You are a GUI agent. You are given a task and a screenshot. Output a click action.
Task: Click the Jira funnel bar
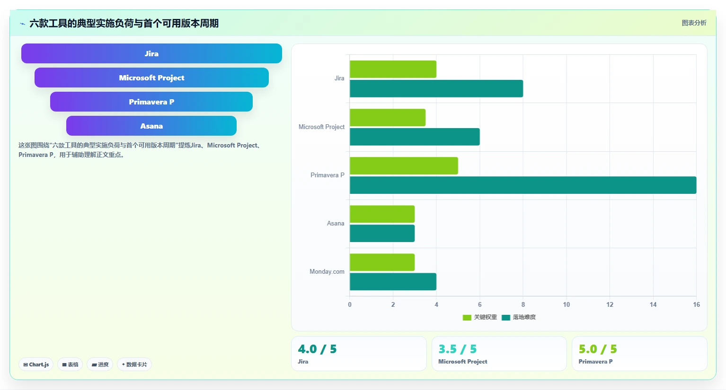coord(151,53)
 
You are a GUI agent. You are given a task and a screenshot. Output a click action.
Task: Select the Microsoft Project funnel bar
coord(151,78)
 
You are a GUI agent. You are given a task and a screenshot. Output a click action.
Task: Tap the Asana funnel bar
coord(151,126)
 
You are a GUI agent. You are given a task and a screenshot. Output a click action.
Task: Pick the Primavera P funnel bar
coord(151,102)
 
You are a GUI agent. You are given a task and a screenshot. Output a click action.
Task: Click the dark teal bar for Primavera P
coord(523,185)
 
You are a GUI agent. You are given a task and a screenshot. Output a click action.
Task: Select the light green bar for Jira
coord(393,69)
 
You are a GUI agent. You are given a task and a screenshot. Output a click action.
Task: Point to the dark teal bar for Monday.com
coord(393,282)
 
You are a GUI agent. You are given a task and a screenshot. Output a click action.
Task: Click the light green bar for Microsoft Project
coord(388,118)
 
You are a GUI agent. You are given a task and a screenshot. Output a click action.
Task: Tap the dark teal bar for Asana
coord(382,234)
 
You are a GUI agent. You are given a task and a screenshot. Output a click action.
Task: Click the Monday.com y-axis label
coord(327,271)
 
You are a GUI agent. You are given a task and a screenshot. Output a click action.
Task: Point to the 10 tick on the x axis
coord(566,304)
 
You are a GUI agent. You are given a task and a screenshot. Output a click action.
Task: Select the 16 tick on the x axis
coord(696,304)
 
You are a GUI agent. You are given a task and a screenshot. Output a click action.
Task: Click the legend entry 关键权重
coord(480,317)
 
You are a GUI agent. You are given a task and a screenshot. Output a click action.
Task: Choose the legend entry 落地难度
coord(519,317)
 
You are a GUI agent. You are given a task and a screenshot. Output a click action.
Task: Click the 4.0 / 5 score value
coord(317,349)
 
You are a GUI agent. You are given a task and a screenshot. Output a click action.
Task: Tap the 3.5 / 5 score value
coord(457,349)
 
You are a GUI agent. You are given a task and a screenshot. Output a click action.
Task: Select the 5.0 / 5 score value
coord(598,349)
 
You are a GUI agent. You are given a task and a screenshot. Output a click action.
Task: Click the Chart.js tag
coord(36,364)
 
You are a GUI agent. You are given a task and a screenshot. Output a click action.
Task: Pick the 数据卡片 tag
coord(134,364)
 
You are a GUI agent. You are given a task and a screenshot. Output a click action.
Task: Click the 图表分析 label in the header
coord(694,23)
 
